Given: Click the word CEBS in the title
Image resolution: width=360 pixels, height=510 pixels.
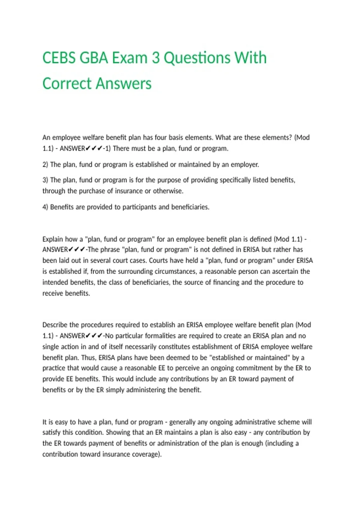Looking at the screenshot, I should click(x=59, y=58).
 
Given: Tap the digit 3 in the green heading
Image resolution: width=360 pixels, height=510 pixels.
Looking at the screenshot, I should click(x=155, y=58).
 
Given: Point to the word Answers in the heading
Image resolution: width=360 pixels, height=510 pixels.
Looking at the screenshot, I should click(x=125, y=84).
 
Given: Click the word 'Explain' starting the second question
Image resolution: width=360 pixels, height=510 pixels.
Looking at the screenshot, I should click(x=52, y=239).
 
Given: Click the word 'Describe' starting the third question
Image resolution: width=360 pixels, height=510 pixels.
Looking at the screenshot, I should click(x=55, y=325).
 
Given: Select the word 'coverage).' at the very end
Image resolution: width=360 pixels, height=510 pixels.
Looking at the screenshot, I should click(x=147, y=454).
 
